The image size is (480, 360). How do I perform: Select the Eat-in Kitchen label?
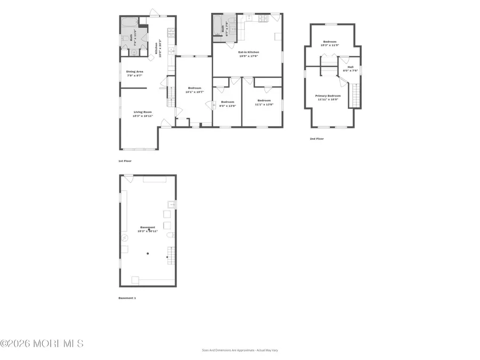click(x=249, y=52)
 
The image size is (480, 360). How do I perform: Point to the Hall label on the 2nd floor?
click(x=350, y=67)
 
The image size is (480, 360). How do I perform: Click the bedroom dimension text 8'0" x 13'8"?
click(x=228, y=106)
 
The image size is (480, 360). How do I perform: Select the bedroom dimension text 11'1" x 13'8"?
click(x=265, y=105)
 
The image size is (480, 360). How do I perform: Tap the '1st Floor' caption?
click(x=125, y=161)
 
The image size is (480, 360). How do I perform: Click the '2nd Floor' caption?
click(x=317, y=139)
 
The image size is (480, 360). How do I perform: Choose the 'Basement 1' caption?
click(x=127, y=298)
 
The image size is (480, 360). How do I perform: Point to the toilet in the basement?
click(x=169, y=235)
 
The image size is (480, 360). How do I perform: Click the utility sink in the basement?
click(x=172, y=204)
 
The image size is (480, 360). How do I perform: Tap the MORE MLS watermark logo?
click(x=42, y=343)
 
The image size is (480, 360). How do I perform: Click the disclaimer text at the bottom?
click(x=240, y=350)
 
